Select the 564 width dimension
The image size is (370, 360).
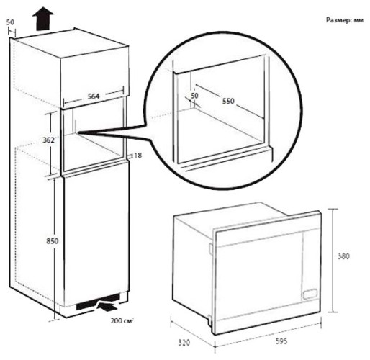coord(89,94)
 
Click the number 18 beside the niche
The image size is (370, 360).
coord(136,155)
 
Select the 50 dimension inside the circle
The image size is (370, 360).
coord(194,95)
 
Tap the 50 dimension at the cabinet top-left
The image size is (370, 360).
coord(11,22)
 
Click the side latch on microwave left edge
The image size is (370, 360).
coord(210,249)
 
